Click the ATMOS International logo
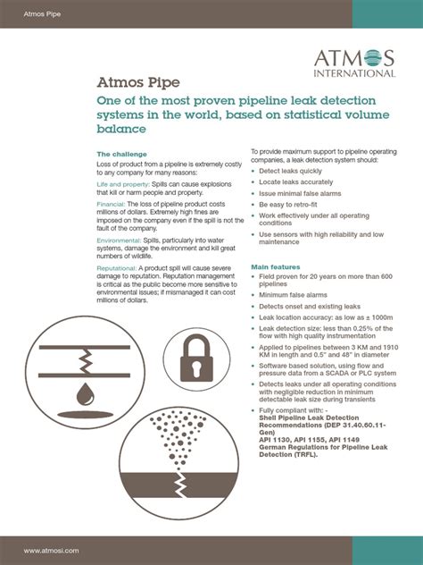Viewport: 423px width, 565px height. pyautogui.click(x=354, y=63)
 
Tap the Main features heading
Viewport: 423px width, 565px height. pyautogui.click(x=275, y=267)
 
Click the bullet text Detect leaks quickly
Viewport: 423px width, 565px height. pyautogui.click(x=291, y=171)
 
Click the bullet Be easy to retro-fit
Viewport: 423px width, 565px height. pyautogui.click(x=289, y=204)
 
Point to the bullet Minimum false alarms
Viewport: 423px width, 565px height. pyautogui.click(x=293, y=294)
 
